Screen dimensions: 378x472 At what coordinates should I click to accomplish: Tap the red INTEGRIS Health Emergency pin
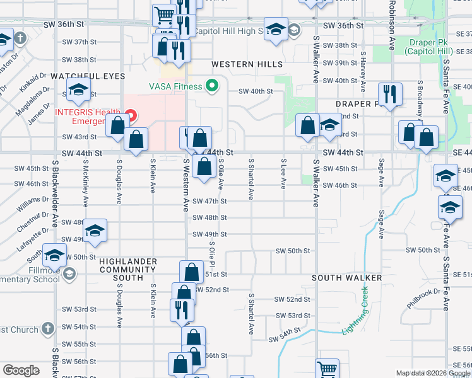coord(130,115)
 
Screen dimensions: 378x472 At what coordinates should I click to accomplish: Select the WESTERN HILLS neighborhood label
coord(247,64)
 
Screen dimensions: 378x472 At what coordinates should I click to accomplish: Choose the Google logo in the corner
coord(21,370)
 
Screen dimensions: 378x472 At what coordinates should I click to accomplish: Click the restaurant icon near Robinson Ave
coord(390,94)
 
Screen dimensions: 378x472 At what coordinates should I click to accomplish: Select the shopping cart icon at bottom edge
coord(327,369)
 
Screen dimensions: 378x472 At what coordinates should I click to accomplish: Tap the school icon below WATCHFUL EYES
coord(79,90)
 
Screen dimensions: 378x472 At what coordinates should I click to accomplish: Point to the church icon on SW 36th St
coord(20,38)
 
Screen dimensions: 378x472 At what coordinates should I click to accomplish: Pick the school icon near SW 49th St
coord(95,232)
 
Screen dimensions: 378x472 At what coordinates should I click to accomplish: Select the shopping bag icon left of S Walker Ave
coord(308,125)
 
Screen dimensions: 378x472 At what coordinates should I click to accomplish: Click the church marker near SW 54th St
coord(48,328)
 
